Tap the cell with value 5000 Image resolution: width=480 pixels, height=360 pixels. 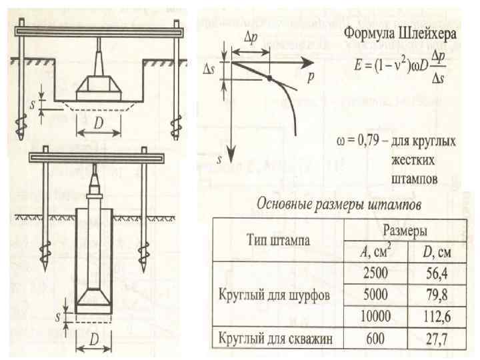tap(375, 293)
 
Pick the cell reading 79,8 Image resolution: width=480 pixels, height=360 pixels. tap(437, 293)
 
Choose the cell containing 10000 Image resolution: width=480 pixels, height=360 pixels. tap(375, 315)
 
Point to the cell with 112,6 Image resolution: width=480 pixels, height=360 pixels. tap(436, 315)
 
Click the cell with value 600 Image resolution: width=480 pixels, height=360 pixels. tap(375, 338)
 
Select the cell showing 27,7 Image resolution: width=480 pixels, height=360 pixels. tap(437, 338)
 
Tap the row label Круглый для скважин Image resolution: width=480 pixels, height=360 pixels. tap(276, 338)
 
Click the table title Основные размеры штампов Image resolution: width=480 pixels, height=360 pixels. tap(336, 203)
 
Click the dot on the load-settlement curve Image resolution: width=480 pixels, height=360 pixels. tap(269, 79)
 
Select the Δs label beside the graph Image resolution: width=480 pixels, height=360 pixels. tap(207, 69)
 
